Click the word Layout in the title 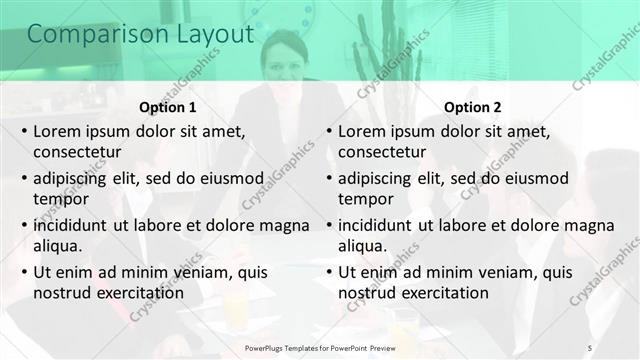208,34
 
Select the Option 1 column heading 166,107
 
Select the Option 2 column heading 471,107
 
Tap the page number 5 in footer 590,346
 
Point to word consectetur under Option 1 77,152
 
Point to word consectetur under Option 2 382,152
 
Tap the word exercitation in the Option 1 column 137,293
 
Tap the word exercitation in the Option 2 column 442,293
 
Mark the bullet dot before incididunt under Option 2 328,226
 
